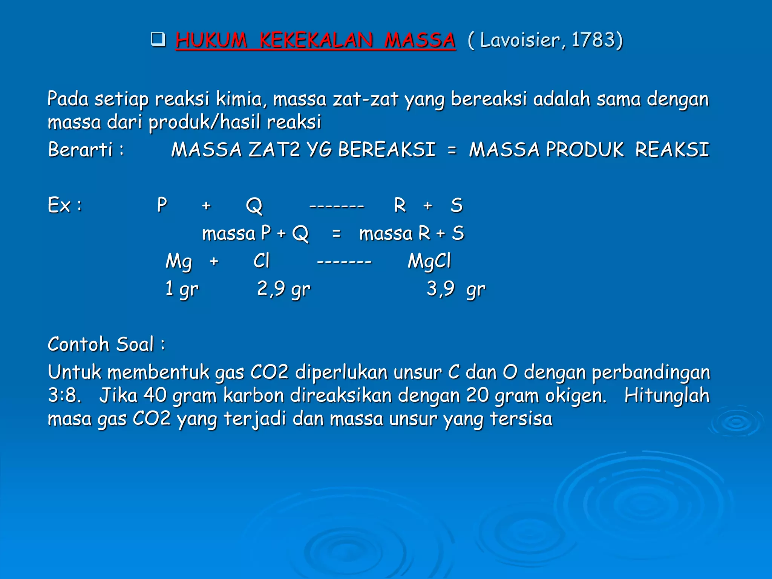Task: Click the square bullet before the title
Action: (x=158, y=40)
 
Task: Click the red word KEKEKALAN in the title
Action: (x=316, y=40)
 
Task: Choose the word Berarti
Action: (x=80, y=149)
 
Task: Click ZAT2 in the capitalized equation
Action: (x=274, y=149)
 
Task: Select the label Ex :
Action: (x=64, y=205)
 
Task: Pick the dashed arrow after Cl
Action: (x=344, y=261)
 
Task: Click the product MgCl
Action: (x=429, y=261)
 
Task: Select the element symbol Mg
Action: (x=179, y=261)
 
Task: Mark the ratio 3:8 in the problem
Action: (x=64, y=395)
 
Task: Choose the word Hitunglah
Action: (x=667, y=395)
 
